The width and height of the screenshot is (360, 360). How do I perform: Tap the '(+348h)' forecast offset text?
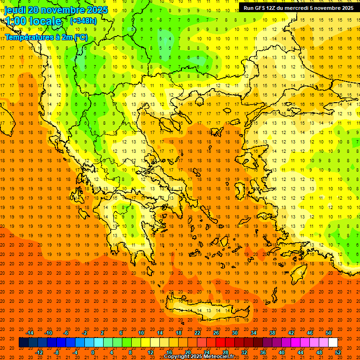point(83,21)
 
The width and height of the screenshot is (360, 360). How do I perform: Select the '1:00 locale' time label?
point(33,21)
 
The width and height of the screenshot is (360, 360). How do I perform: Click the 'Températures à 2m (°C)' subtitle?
point(46,37)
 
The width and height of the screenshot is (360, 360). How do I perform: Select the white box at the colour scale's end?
point(333,343)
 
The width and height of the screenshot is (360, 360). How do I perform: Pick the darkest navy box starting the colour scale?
point(23,343)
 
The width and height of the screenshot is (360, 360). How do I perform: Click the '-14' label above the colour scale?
point(30,333)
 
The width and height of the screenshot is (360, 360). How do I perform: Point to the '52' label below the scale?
point(338,352)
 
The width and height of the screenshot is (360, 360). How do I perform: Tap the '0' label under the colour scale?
point(93,352)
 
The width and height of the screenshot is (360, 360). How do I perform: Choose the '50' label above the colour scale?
point(328,333)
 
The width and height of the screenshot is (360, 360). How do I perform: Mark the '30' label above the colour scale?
point(234,333)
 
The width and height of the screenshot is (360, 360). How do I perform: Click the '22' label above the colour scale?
point(197,333)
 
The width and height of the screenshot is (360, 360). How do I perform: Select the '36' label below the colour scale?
point(262,352)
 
